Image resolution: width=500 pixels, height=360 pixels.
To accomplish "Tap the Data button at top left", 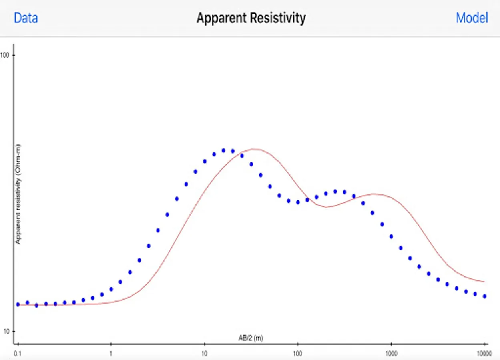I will [x=26, y=18].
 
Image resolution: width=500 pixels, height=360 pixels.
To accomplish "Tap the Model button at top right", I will [x=472, y=18].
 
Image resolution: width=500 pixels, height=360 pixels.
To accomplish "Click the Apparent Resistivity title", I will [x=251, y=18].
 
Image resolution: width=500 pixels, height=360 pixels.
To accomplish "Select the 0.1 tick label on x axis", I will [x=18, y=354].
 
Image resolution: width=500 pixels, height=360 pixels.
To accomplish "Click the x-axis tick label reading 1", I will [x=111, y=354].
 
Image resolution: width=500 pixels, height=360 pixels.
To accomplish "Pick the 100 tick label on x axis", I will [x=297, y=354].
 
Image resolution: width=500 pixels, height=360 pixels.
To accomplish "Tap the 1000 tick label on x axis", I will [x=391, y=354].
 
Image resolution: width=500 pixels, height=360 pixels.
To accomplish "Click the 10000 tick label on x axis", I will [x=484, y=354].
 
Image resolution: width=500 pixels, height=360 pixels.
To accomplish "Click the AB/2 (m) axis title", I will [x=251, y=338].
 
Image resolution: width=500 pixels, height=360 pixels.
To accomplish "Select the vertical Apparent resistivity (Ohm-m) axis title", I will [x=18, y=194].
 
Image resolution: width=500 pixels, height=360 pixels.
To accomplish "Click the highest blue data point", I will [x=223, y=150].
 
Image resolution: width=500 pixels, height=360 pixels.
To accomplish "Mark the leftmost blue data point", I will [x=18, y=304].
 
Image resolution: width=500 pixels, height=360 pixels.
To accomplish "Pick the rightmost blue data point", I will [x=484, y=296].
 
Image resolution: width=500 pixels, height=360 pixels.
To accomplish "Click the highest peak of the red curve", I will [x=254, y=149].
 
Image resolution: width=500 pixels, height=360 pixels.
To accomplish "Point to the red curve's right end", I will [x=484, y=282].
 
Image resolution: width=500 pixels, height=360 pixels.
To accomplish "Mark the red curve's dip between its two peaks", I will [x=327, y=207].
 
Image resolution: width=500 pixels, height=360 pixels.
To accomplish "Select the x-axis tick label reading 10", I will [x=204, y=354].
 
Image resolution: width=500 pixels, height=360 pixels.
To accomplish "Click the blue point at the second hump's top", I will [x=335, y=192].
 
